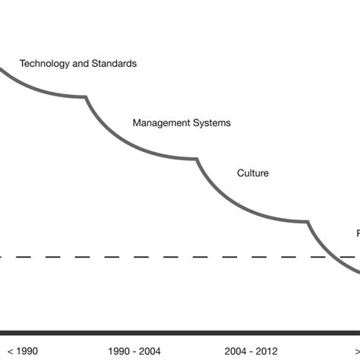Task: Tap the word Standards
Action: tap(112, 64)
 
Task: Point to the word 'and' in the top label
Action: tap(79, 64)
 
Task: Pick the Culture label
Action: tap(253, 173)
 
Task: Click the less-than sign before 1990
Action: tap(5, 351)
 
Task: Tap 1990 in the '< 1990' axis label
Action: tap(24, 351)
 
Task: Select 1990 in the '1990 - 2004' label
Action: tap(120, 351)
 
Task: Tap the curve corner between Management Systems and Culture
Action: tap(197, 159)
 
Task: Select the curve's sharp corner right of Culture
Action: tap(308, 222)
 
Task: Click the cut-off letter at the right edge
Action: tap(358, 233)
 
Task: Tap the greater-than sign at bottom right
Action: tap(357, 351)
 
